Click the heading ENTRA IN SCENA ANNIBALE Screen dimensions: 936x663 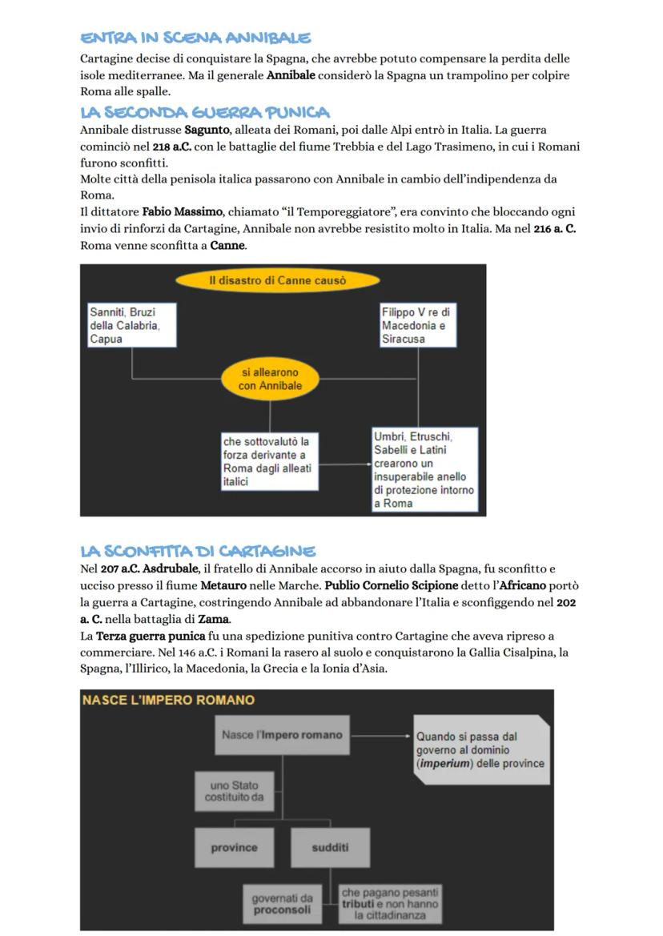click(195, 38)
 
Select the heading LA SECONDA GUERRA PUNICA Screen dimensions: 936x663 click(205, 112)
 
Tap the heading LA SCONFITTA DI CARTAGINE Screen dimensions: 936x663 click(198, 551)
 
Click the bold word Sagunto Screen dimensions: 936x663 click(206, 130)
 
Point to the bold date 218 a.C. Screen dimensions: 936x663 click(171, 147)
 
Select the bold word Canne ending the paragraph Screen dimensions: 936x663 click(227, 245)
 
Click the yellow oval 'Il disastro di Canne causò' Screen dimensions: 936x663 click(277, 280)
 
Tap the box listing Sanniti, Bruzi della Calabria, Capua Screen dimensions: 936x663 click(131, 325)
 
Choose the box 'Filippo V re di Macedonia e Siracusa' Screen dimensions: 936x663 click(417, 325)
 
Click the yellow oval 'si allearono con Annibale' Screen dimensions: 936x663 click(270, 380)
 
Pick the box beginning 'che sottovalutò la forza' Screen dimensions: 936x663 click(269, 462)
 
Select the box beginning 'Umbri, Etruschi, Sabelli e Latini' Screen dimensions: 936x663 click(424, 470)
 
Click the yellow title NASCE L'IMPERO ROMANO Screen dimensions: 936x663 click(168, 700)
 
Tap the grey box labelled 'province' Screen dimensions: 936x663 click(234, 847)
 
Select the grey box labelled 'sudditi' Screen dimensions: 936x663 click(330, 847)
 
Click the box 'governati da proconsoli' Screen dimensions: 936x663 click(282, 904)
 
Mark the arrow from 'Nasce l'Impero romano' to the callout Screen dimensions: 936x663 click(381, 735)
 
